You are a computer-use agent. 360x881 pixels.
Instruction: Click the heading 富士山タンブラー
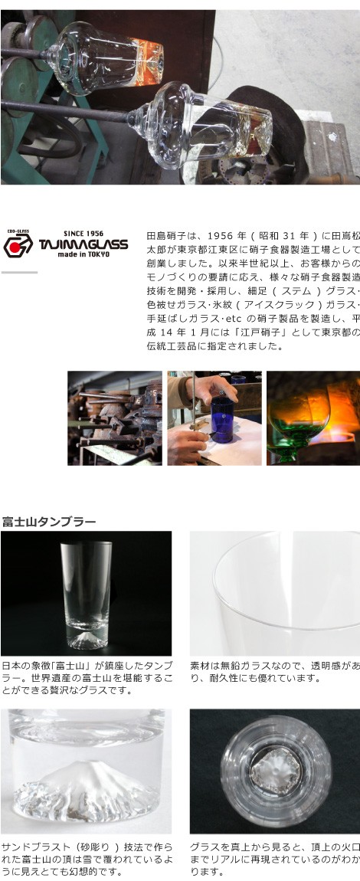(49, 522)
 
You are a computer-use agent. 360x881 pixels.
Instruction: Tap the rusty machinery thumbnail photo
(115, 418)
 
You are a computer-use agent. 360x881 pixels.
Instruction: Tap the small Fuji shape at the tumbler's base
(86, 637)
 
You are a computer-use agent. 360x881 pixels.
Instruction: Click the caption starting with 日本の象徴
(86, 678)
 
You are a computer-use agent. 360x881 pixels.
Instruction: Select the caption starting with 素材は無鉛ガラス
(274, 672)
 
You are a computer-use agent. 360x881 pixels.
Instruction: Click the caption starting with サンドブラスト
(86, 859)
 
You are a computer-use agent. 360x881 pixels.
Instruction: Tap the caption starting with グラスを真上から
(274, 859)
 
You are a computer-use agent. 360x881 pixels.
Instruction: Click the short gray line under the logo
(19, 273)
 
